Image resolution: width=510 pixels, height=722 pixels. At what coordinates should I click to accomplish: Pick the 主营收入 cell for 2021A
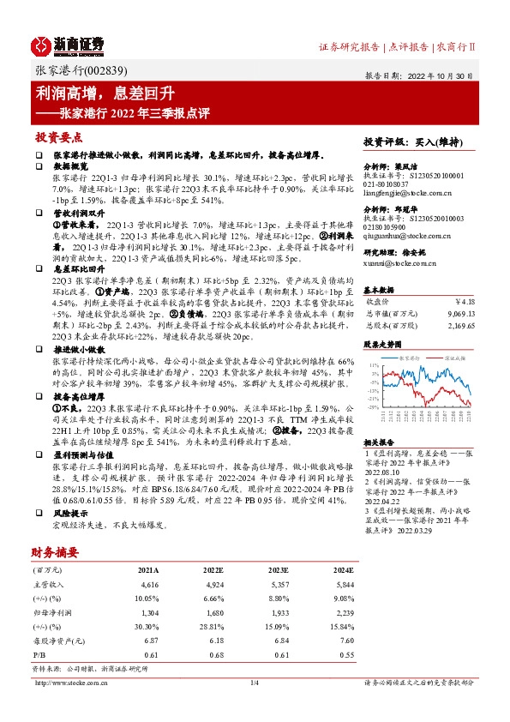(x=148, y=558)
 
